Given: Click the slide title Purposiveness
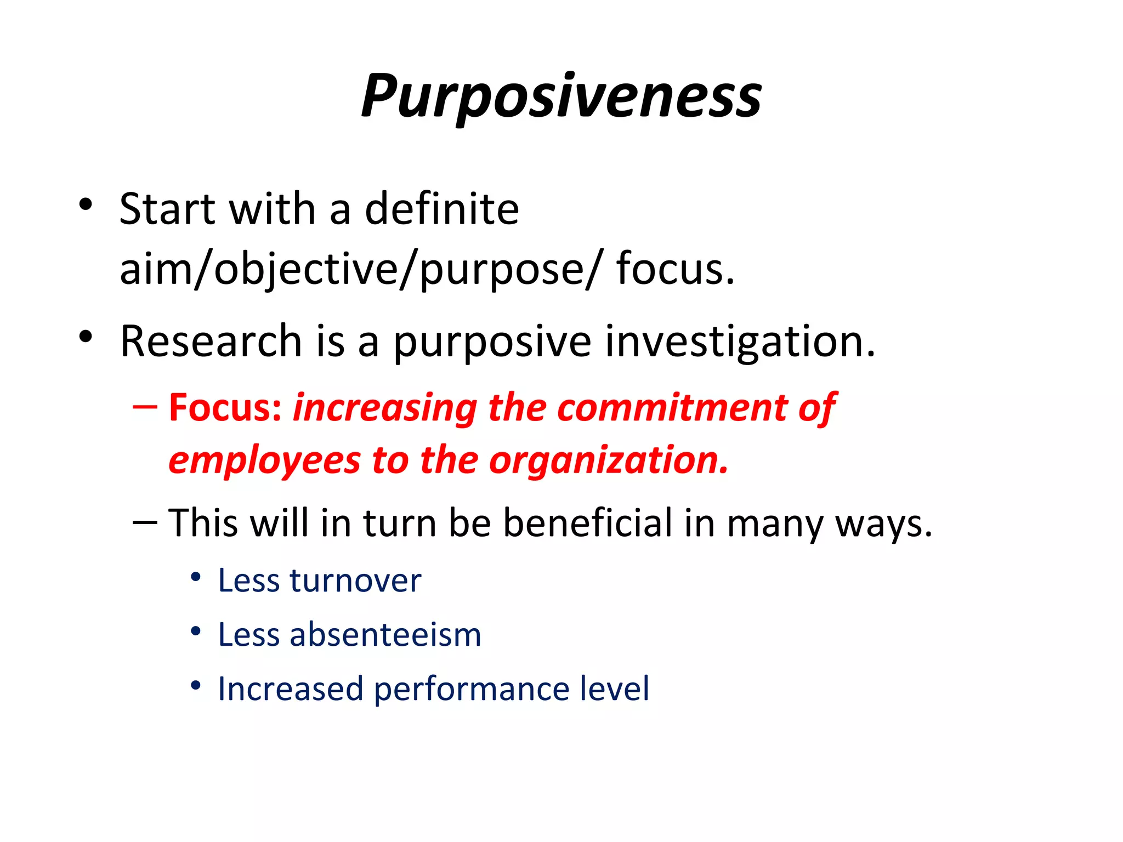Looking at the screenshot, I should click(561, 97).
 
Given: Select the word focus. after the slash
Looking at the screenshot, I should click(675, 269).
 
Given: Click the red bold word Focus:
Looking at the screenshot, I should click(225, 408).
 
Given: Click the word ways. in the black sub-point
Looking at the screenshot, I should click(883, 524).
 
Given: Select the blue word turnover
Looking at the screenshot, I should click(355, 581).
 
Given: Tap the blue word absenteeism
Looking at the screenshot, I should click(385, 635).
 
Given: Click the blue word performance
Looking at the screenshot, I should click(472, 689).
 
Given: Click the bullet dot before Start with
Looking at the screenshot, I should click(85, 204).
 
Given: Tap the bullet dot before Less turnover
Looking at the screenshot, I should click(196, 577).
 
